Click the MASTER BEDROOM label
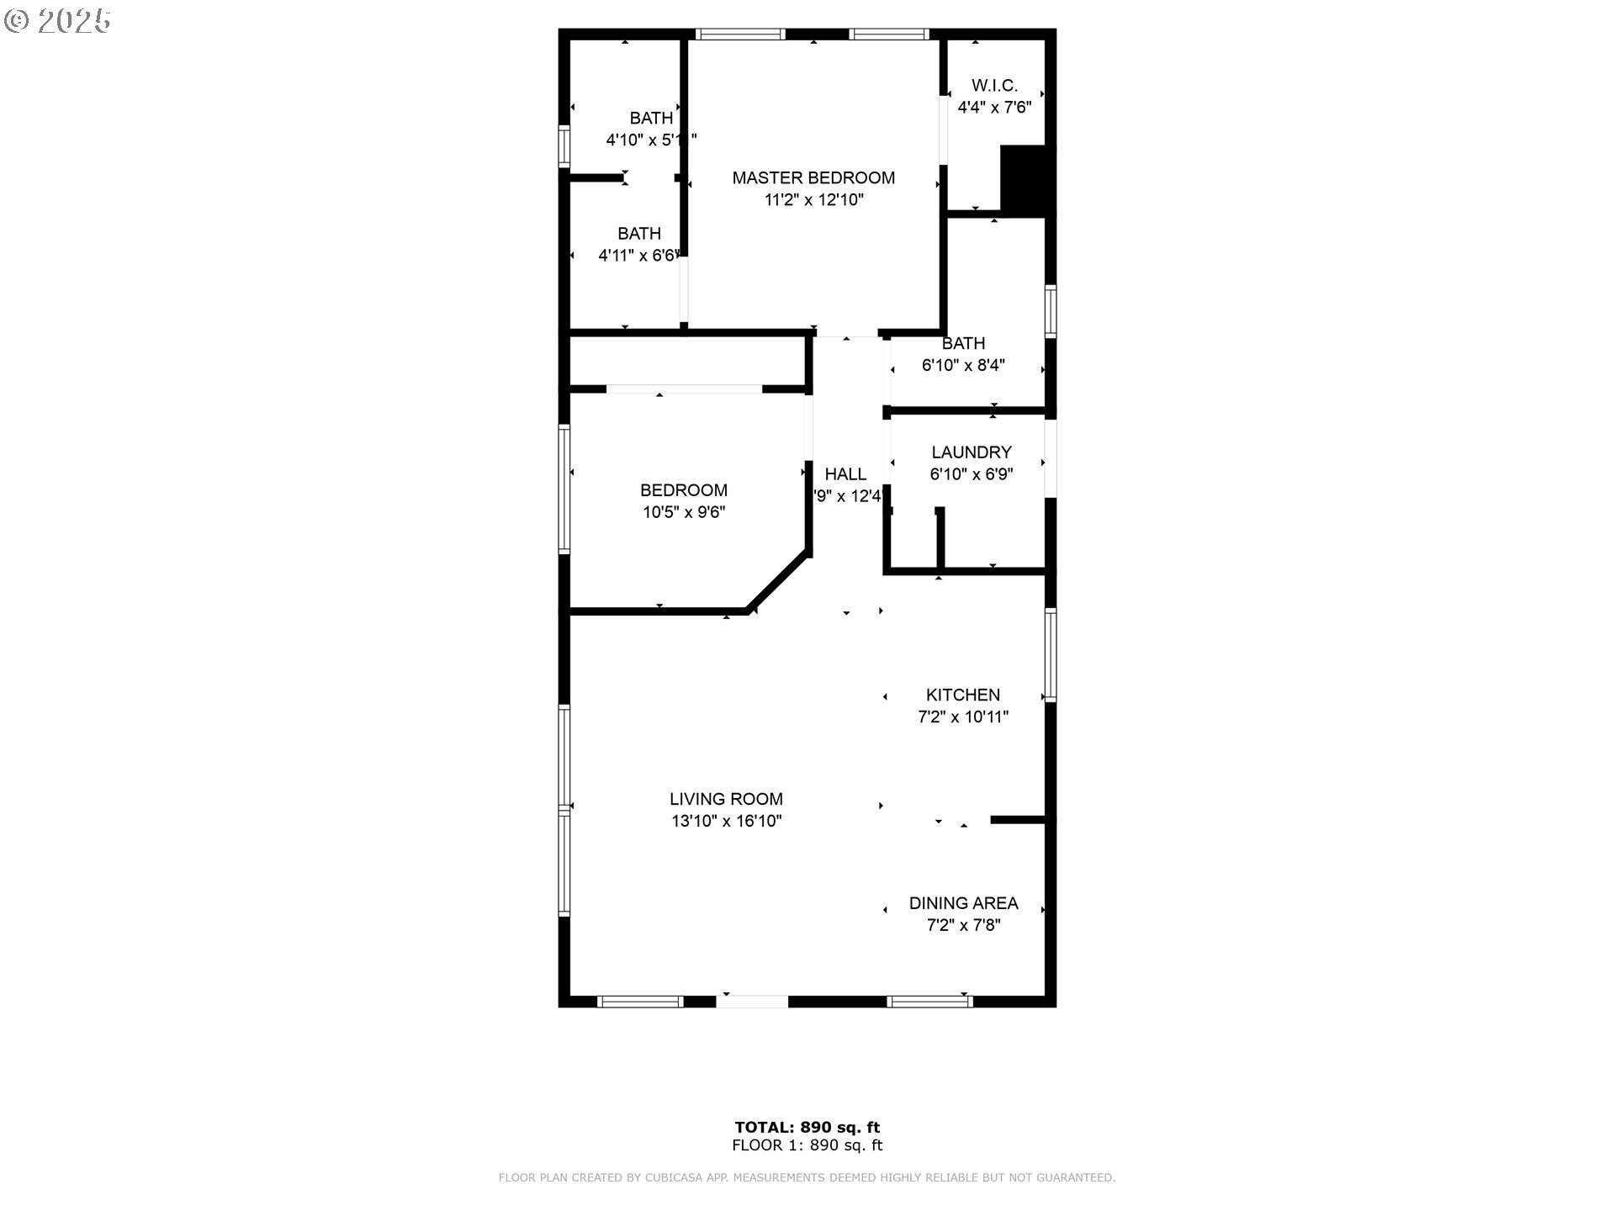pyautogui.click(x=813, y=177)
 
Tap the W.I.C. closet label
pyautogui.click(x=994, y=86)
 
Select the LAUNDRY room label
pyautogui.click(x=971, y=452)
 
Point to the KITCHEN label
pyautogui.click(x=962, y=695)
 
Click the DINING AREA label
pyautogui.click(x=963, y=903)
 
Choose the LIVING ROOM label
pyautogui.click(x=726, y=799)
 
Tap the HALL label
pyautogui.click(x=845, y=474)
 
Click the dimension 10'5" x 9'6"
pyautogui.click(x=684, y=512)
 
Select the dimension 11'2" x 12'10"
pyautogui.click(x=813, y=200)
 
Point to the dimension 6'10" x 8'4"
pyautogui.click(x=963, y=366)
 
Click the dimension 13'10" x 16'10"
pyautogui.click(x=726, y=822)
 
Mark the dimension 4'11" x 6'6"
pyautogui.click(x=638, y=256)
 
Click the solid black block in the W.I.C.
pyautogui.click(x=1025, y=179)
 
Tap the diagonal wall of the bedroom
pyautogui.click(x=779, y=581)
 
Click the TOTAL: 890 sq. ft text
pyautogui.click(x=807, y=1127)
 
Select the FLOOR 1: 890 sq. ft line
pyautogui.click(x=807, y=1145)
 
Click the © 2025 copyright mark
pyautogui.click(x=57, y=21)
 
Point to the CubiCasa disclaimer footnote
pyautogui.click(x=807, y=1178)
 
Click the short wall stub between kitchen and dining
pyautogui.click(x=1018, y=819)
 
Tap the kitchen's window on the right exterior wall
pyautogui.click(x=1050, y=654)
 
